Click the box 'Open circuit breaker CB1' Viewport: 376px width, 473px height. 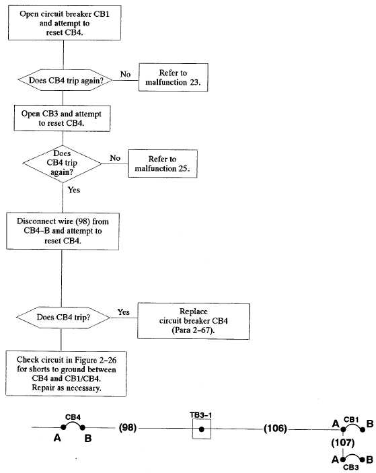pyautogui.click(x=65, y=23)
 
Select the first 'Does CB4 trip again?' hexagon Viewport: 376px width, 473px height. pyautogui.click(x=65, y=80)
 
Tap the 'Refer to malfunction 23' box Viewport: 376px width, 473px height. pyautogui.click(x=173, y=77)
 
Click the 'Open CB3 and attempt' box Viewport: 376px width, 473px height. pyautogui.click(x=62, y=118)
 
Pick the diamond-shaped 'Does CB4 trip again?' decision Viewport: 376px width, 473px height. pyautogui.click(x=62, y=163)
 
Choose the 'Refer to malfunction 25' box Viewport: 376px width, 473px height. pyautogui.click(x=163, y=163)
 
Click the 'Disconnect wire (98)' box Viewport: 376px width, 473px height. pyautogui.click(x=63, y=231)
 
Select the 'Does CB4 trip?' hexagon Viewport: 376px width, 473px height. pyautogui.click(x=63, y=318)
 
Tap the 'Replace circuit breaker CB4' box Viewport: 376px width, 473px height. pyautogui.click(x=193, y=321)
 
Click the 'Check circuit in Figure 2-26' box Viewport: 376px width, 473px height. pyautogui.click(x=66, y=373)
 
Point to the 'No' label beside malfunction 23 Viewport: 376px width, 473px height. pyautogui.click(x=125, y=74)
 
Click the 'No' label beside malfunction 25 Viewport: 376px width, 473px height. pyautogui.click(x=115, y=157)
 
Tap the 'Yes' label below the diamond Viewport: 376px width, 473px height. pyautogui.click(x=73, y=190)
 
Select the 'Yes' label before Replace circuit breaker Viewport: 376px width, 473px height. pyautogui.click(x=123, y=312)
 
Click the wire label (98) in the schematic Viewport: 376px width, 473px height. pyautogui.click(x=128, y=428)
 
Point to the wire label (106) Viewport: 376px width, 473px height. pyautogui.click(x=275, y=429)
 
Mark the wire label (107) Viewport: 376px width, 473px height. pyautogui.click(x=342, y=443)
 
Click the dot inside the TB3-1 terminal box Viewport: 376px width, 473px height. pyautogui.click(x=202, y=429)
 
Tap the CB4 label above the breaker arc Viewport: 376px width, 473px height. pyautogui.click(x=73, y=417)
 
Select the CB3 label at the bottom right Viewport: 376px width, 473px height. pyautogui.click(x=350, y=468)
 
